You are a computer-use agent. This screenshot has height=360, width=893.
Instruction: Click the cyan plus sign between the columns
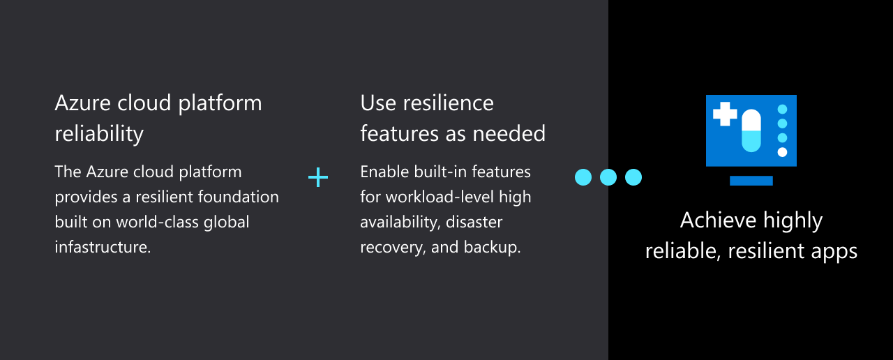(318, 177)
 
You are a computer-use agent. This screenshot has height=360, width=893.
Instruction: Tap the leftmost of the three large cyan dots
(583, 177)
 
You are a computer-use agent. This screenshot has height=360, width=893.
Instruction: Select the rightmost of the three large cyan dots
(633, 177)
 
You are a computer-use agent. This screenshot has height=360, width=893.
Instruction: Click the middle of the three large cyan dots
(608, 177)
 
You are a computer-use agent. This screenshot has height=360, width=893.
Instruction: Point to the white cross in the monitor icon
(725, 114)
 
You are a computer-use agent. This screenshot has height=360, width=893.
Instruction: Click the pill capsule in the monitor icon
(751, 130)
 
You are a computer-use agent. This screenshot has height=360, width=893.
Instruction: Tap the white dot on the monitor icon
(782, 152)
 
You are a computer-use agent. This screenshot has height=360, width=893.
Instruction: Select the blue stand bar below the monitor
(751, 181)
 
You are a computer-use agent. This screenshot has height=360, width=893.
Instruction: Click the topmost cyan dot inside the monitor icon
(782, 110)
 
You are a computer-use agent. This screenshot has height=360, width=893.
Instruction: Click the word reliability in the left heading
(99, 134)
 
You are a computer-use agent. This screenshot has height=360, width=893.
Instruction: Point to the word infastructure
(103, 247)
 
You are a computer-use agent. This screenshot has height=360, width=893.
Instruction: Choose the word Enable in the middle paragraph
(384, 172)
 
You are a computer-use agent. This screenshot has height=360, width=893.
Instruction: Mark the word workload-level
(440, 197)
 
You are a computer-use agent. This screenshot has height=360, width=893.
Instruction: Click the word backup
(493, 248)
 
